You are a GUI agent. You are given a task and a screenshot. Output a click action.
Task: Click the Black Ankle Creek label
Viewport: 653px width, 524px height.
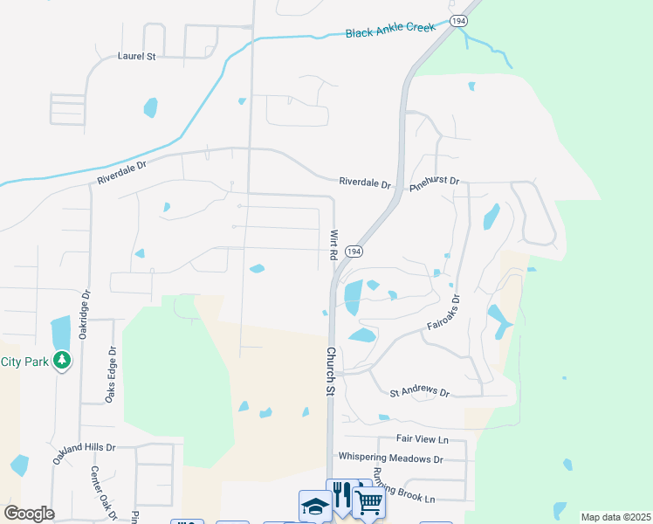pos(389,31)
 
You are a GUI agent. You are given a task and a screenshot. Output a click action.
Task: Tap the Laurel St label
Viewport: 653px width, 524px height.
pos(136,56)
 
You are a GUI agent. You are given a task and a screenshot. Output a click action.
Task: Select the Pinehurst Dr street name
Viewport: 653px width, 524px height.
pos(435,181)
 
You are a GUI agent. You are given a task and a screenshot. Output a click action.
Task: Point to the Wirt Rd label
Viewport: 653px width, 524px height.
pos(333,245)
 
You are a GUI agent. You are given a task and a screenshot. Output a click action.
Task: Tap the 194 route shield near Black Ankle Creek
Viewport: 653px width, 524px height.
pos(459,19)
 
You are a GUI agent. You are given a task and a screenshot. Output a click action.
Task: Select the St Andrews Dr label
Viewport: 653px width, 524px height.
pos(419,393)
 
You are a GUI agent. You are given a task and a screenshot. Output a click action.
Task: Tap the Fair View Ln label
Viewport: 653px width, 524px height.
pos(421,439)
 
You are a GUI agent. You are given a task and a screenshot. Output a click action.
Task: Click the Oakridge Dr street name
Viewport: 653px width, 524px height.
pos(85,290)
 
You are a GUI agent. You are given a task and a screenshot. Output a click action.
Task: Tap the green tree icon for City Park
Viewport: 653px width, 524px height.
pos(61,360)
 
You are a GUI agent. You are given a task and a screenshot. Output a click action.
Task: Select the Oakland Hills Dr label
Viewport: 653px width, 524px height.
pos(84,447)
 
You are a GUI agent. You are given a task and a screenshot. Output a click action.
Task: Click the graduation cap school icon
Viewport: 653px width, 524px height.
pos(314,505)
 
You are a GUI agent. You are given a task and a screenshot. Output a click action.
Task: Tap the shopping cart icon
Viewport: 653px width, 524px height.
pos(369,503)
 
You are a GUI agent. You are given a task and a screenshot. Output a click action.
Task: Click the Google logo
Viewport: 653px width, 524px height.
pos(28,514)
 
